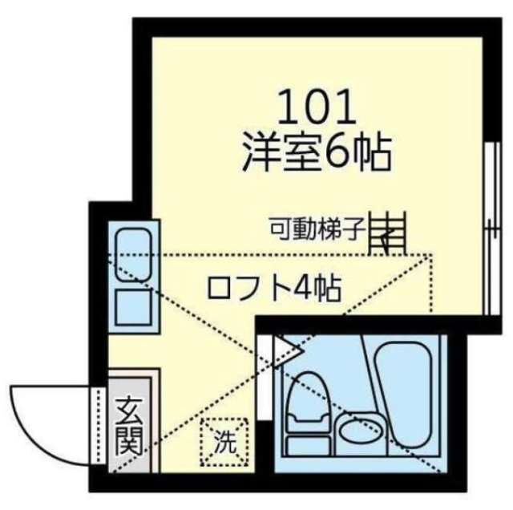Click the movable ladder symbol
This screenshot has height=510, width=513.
point(388,233)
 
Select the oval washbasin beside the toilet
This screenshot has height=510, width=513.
point(358,432)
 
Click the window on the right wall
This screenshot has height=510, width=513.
point(489,233)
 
